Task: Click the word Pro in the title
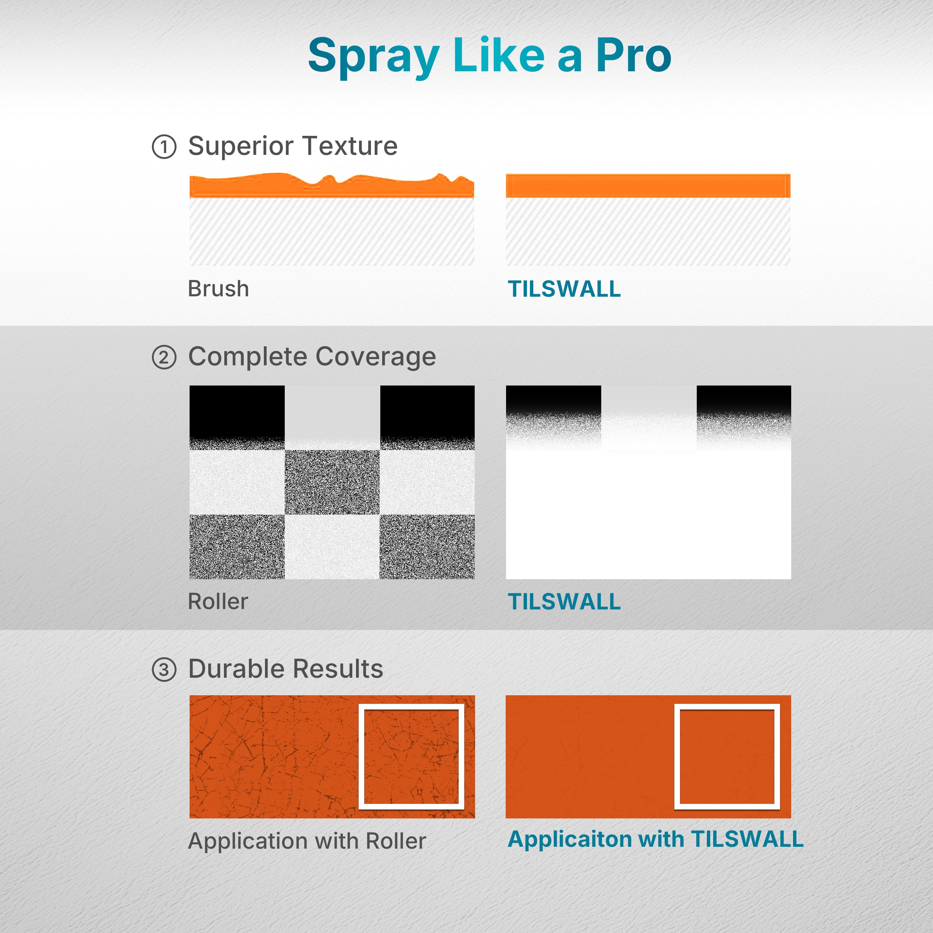634,55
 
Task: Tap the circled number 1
164,147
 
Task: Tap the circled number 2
164,358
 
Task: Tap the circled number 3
164,670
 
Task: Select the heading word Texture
350,146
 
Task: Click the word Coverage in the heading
376,358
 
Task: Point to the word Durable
236,669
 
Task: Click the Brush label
218,289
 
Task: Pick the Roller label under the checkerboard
218,602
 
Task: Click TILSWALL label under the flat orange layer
564,289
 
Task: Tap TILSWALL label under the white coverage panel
564,602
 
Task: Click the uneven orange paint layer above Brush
332,186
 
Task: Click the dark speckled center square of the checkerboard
332,482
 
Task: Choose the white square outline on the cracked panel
362,756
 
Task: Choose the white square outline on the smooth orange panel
677,756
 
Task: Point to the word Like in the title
499,55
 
